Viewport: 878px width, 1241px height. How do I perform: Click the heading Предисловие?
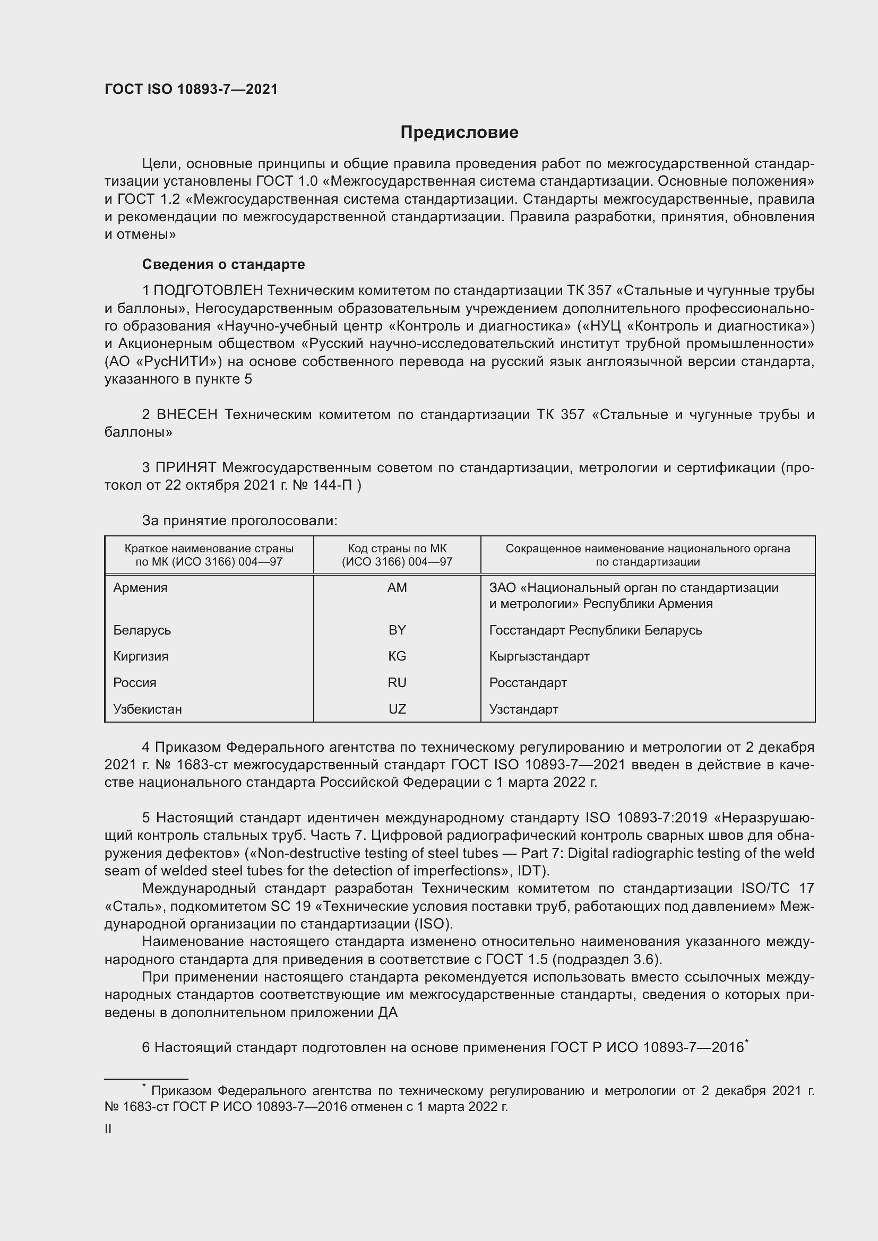coord(459,133)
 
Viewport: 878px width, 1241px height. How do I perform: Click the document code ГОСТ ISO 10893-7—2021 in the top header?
coord(191,90)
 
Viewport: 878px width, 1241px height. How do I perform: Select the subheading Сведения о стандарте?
coord(223,264)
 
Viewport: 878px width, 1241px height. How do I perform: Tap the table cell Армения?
coord(141,587)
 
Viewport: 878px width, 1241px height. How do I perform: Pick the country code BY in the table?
coord(397,630)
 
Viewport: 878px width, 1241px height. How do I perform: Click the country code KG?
coord(397,656)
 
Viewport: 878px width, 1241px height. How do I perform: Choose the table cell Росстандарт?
coord(528,683)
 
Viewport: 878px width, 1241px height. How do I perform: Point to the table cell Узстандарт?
coord(523,709)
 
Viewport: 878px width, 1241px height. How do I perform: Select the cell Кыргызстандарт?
coord(539,656)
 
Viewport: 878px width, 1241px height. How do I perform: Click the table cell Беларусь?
coord(142,630)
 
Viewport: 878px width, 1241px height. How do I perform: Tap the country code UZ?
coord(397,709)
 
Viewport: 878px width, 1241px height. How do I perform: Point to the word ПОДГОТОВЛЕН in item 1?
coord(209,291)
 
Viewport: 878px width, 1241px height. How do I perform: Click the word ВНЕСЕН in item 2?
coord(187,414)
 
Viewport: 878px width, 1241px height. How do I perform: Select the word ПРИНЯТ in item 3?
coord(186,467)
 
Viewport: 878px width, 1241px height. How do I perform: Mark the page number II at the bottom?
coord(108,1129)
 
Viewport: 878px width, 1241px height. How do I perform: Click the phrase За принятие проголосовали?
coord(239,520)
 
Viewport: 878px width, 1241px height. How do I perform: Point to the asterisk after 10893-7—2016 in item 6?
coord(747,1042)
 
